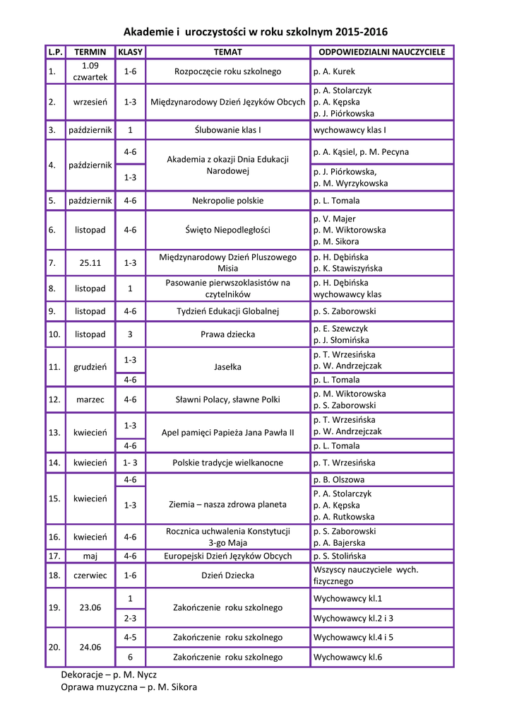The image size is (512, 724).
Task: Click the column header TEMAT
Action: click(227, 52)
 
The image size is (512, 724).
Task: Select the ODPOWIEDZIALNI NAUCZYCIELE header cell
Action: click(381, 52)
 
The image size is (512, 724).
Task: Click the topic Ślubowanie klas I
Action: click(227, 130)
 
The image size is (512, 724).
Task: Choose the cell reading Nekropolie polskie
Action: click(227, 201)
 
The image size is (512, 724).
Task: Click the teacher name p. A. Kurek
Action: click(334, 71)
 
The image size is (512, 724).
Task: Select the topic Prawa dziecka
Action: click(227, 334)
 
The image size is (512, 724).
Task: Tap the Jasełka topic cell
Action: click(227, 367)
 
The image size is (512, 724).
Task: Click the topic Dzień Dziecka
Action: click(227, 576)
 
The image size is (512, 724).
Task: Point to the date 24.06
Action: click(90, 647)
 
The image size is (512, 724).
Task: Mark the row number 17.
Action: click(53, 556)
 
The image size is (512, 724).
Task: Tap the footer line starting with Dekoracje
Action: click(109, 675)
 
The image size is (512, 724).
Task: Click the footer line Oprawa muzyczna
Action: click(129, 687)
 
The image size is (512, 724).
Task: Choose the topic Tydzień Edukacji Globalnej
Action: click(227, 311)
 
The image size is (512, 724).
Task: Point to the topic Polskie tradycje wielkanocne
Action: click(227, 463)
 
